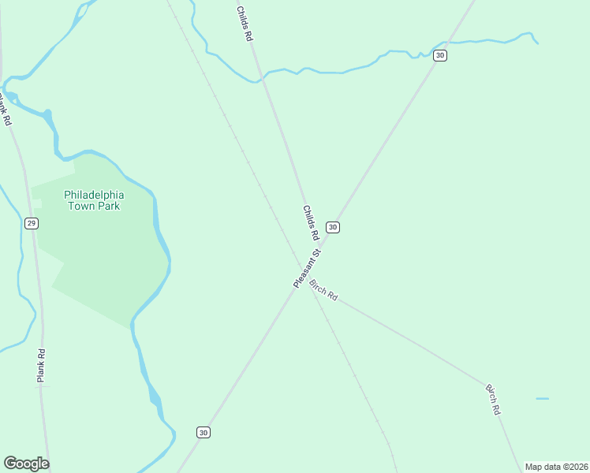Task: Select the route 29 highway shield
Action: click(x=31, y=224)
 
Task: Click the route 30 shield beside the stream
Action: click(x=440, y=55)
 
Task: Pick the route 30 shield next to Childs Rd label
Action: click(x=333, y=227)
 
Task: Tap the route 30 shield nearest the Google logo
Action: click(x=204, y=432)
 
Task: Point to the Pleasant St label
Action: click(x=307, y=269)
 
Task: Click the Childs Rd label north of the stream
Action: click(x=245, y=24)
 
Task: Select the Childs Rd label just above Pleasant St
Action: click(x=311, y=223)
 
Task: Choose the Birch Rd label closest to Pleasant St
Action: click(x=324, y=289)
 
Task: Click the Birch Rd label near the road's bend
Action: click(x=493, y=400)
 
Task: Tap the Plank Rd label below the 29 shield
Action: click(x=41, y=366)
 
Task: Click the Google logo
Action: click(x=26, y=464)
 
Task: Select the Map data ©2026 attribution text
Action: click(x=556, y=467)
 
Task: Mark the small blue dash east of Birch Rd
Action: click(x=542, y=399)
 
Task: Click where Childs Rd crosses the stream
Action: click(x=263, y=76)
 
